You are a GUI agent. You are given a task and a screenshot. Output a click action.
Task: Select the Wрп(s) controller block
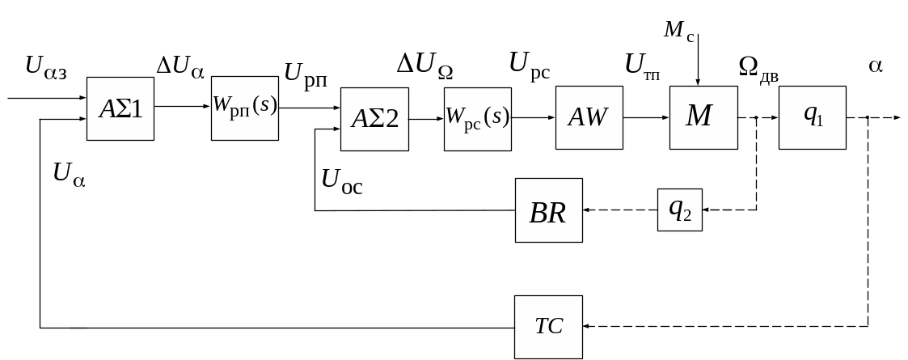pyautogui.click(x=245, y=108)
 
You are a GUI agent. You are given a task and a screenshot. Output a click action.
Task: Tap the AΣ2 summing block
pyautogui.click(x=374, y=118)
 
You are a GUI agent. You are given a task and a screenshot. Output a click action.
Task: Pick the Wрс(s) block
pyautogui.click(x=477, y=117)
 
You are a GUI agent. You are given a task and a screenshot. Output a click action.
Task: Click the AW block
pyautogui.click(x=588, y=117)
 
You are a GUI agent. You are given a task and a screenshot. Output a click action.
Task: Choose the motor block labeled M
pyautogui.click(x=703, y=116)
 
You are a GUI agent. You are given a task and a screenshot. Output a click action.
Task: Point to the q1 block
pyautogui.click(x=812, y=116)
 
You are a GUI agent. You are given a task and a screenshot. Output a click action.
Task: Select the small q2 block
pyautogui.click(x=680, y=210)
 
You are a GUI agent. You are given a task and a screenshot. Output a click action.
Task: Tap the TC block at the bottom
pyautogui.click(x=549, y=327)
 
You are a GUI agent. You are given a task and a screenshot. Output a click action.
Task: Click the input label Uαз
pyautogui.click(x=46, y=67)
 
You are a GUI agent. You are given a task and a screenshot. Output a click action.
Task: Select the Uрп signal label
pyautogui.click(x=306, y=74)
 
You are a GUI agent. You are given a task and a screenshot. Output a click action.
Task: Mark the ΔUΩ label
pyautogui.click(x=424, y=66)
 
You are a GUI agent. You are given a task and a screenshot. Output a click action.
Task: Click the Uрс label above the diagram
pyautogui.click(x=530, y=65)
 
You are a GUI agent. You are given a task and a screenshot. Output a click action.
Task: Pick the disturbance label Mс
pyautogui.click(x=680, y=31)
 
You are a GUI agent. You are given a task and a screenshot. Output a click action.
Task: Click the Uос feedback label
pyautogui.click(x=341, y=181)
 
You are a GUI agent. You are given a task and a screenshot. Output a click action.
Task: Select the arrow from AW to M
pyautogui.click(x=646, y=117)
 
